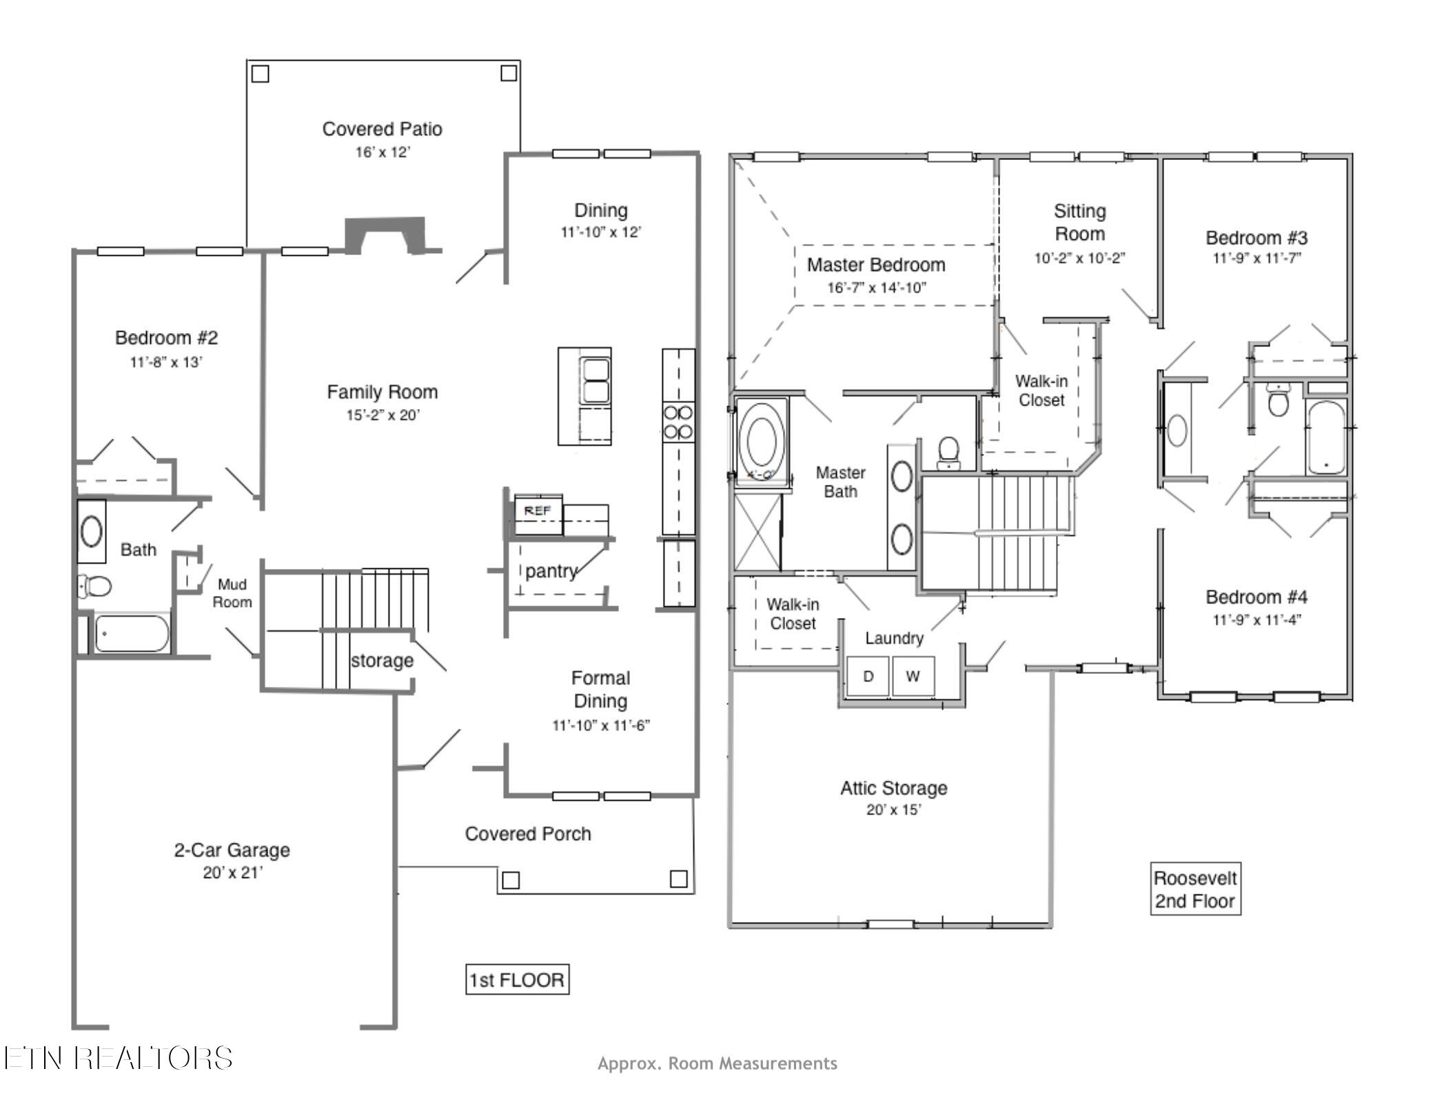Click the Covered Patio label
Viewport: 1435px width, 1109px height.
[x=382, y=129]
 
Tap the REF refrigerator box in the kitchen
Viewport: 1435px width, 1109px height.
[x=538, y=514]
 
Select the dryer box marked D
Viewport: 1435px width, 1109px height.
[x=868, y=676]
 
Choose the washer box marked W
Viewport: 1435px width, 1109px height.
[x=913, y=676]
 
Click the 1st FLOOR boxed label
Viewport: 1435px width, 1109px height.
[x=517, y=979]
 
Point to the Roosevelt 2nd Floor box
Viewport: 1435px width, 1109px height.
[x=1195, y=889]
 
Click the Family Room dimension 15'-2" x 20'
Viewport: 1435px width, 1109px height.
[x=383, y=415]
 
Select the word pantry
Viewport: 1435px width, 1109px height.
[x=551, y=571]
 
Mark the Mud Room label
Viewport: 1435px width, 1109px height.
[x=232, y=593]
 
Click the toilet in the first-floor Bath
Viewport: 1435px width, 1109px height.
[x=94, y=587]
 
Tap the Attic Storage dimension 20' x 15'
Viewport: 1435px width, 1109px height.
[x=893, y=810]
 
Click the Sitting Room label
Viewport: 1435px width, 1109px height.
[x=1079, y=222]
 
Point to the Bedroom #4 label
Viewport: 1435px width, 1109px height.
[x=1256, y=597]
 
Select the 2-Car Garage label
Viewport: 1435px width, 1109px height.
[x=232, y=850]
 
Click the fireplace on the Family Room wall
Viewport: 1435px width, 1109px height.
[x=385, y=235]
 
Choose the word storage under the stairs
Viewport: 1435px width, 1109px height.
[x=382, y=661]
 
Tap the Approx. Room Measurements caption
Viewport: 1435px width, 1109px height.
[x=717, y=1063]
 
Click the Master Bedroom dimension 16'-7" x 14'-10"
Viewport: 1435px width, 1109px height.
[x=877, y=288]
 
